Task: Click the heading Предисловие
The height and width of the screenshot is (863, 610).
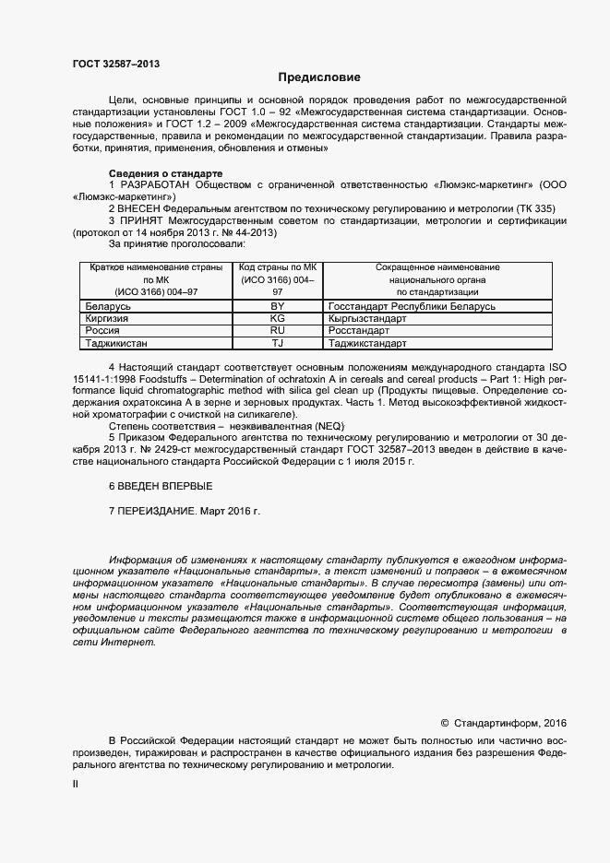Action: (318, 77)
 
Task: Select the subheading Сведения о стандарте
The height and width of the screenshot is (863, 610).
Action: (165, 173)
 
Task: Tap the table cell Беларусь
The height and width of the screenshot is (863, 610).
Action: (107, 305)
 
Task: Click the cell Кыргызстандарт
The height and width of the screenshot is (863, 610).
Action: (366, 317)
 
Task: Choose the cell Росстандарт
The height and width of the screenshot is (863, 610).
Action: (359, 330)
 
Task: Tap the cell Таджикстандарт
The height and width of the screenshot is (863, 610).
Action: (366, 343)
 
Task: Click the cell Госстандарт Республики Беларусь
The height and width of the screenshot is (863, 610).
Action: (412, 305)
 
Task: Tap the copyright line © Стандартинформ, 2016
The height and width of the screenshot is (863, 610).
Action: (503, 723)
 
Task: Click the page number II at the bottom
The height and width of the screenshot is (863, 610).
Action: (76, 784)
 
